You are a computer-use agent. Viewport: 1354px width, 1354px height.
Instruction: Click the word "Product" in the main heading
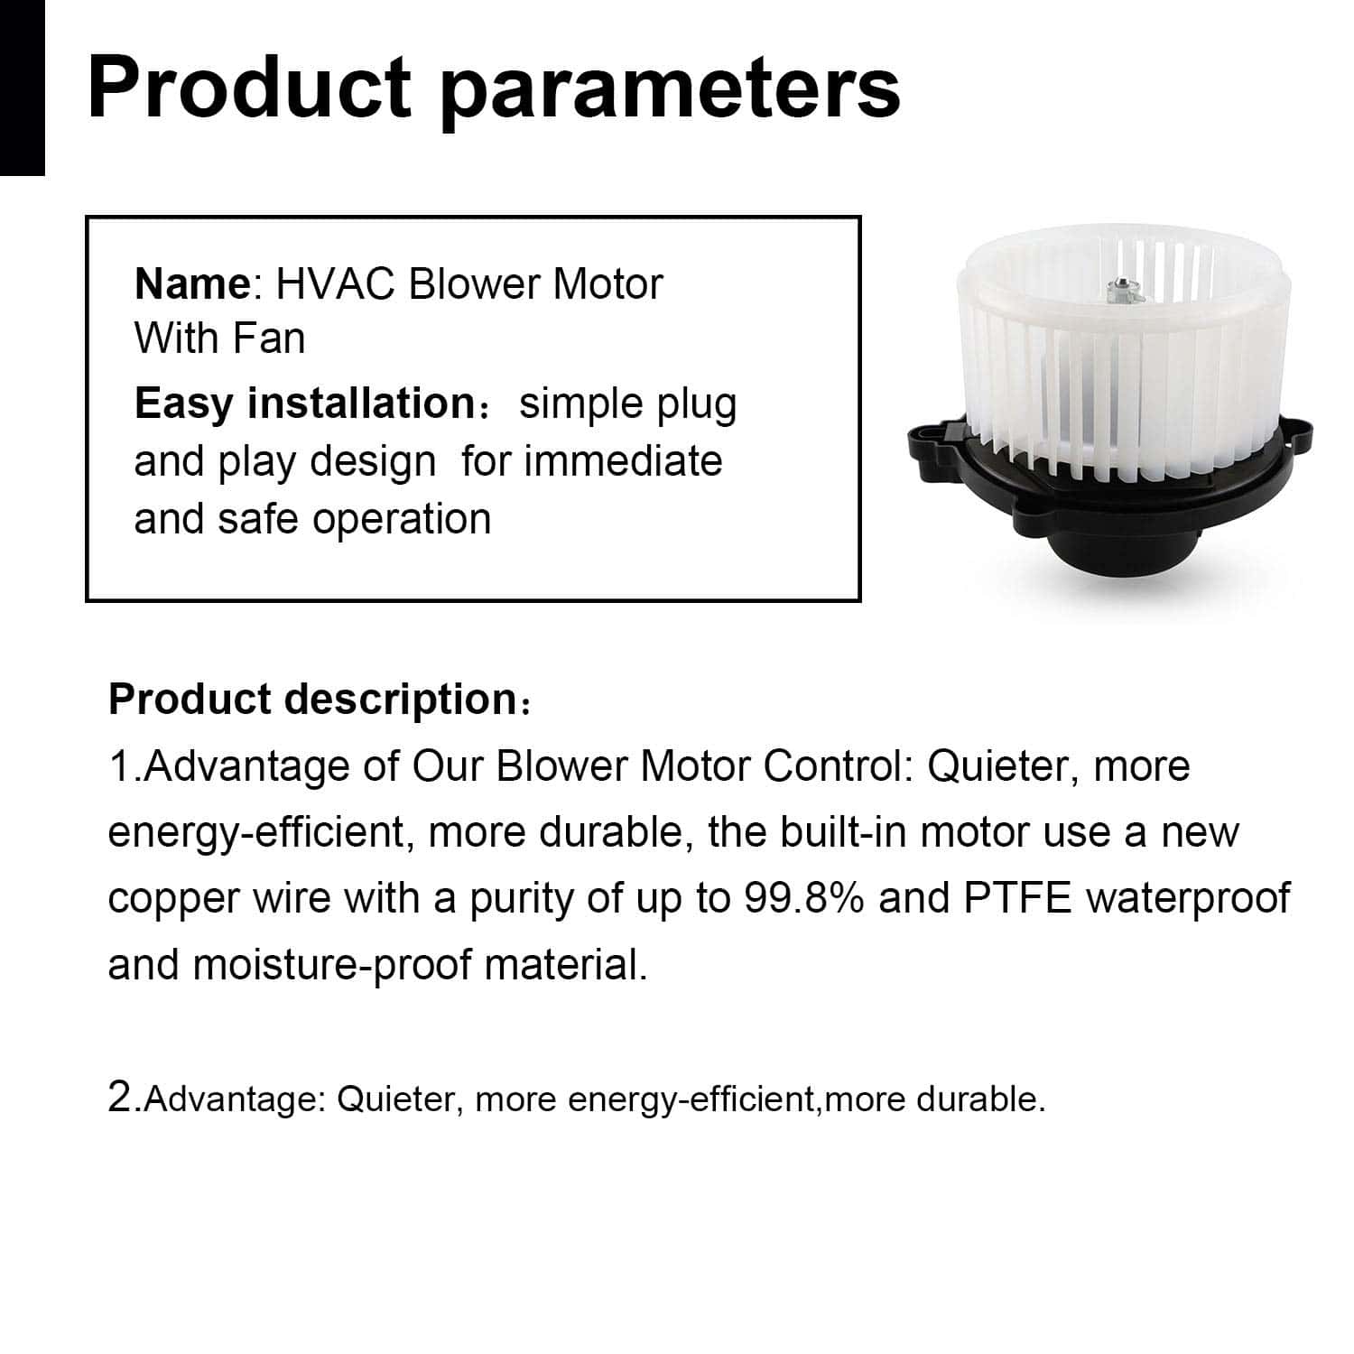pyautogui.click(x=249, y=88)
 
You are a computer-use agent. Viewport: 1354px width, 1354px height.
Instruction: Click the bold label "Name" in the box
pyautogui.click(x=192, y=284)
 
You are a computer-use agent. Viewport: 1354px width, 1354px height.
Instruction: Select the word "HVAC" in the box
pyautogui.click(x=336, y=284)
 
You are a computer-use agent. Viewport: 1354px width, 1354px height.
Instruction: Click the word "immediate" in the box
pyautogui.click(x=624, y=461)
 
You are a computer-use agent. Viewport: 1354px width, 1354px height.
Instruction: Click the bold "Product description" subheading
pyautogui.click(x=312, y=700)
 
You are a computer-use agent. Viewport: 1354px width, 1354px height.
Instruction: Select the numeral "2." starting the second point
pyautogui.click(x=125, y=1099)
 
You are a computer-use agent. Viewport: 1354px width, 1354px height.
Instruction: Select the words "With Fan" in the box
pyautogui.click(x=219, y=339)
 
